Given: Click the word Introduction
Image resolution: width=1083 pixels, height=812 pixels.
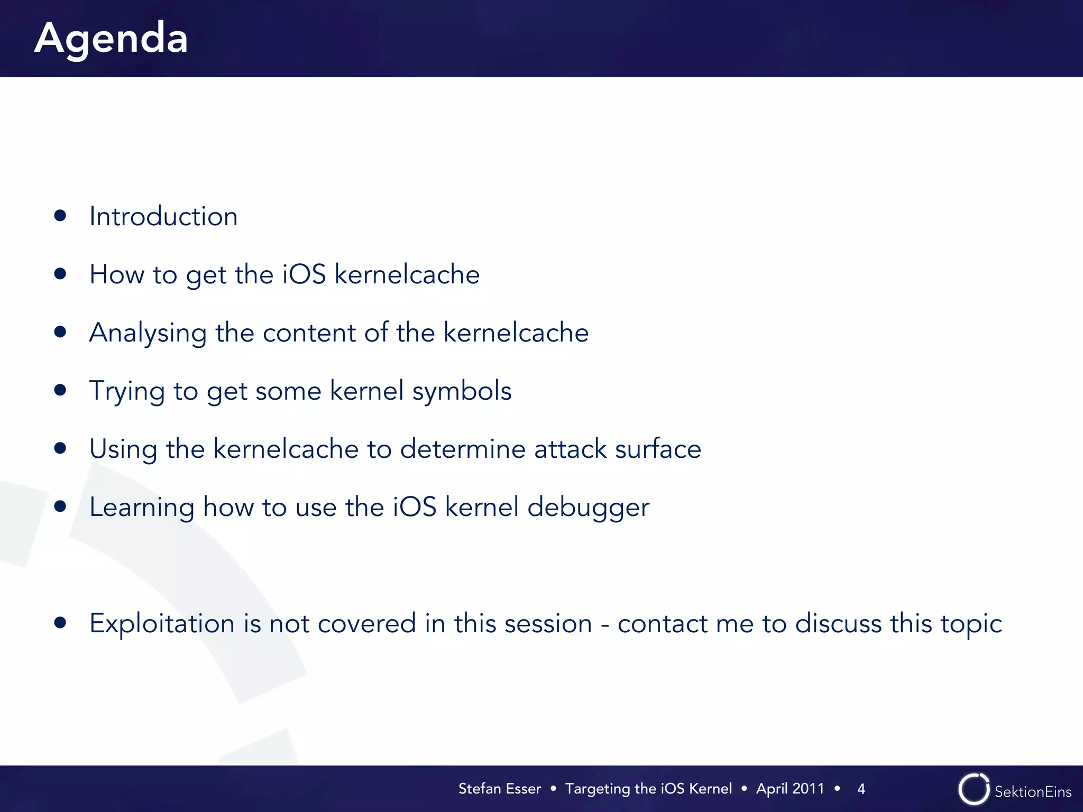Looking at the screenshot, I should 163,216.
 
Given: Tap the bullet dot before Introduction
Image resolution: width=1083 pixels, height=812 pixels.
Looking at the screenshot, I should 60,215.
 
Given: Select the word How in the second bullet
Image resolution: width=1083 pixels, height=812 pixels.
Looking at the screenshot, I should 116,274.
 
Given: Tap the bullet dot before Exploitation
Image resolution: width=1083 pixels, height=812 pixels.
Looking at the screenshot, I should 60,622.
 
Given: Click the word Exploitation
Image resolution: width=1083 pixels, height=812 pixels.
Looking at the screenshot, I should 162,624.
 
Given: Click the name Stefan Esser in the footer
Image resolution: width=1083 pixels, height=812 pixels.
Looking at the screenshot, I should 499,789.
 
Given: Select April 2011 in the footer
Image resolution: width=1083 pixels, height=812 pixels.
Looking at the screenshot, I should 790,789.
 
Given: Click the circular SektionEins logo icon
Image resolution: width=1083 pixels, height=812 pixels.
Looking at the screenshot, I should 974,789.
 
